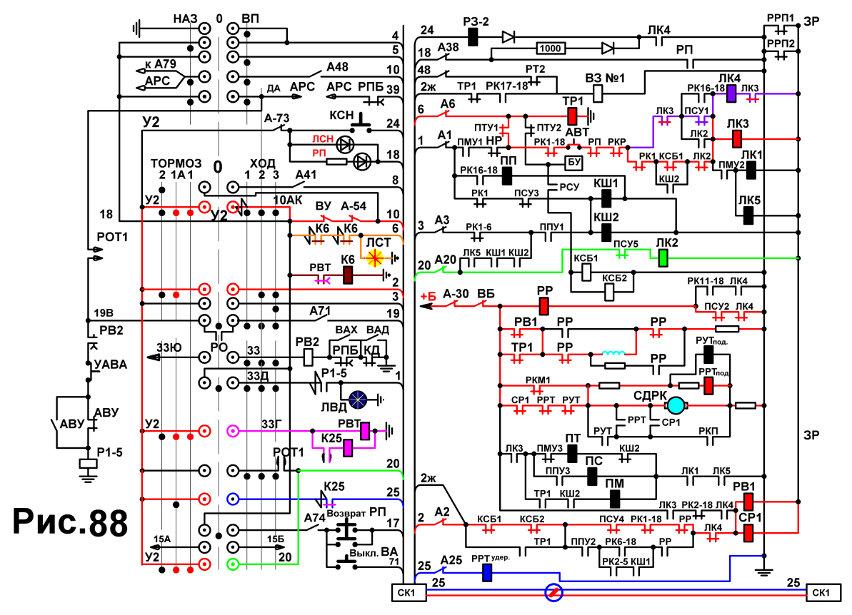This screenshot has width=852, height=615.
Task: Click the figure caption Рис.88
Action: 70,522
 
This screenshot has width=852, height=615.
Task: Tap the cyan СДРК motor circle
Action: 676,405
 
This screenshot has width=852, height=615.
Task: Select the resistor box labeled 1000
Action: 550,49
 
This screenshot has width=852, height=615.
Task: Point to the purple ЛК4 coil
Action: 731,94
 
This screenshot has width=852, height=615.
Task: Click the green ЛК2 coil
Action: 663,258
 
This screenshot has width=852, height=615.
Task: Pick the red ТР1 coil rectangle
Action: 572,116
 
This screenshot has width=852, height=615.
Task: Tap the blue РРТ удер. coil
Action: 487,573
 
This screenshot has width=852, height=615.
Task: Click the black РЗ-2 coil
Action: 473,37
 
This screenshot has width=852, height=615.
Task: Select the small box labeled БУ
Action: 573,162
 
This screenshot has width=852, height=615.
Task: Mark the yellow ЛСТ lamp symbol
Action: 375,258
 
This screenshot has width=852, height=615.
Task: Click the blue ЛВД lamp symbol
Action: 358,400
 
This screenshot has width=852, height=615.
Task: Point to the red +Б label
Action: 428,296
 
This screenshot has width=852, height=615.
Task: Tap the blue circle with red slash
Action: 553,592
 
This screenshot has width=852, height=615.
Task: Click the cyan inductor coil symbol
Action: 614,353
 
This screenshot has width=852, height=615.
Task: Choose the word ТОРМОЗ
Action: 176,163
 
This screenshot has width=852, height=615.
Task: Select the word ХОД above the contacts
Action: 262,163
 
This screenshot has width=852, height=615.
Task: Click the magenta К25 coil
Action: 348,448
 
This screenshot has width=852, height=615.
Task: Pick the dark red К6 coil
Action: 348,275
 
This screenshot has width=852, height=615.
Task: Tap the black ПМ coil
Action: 615,499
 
